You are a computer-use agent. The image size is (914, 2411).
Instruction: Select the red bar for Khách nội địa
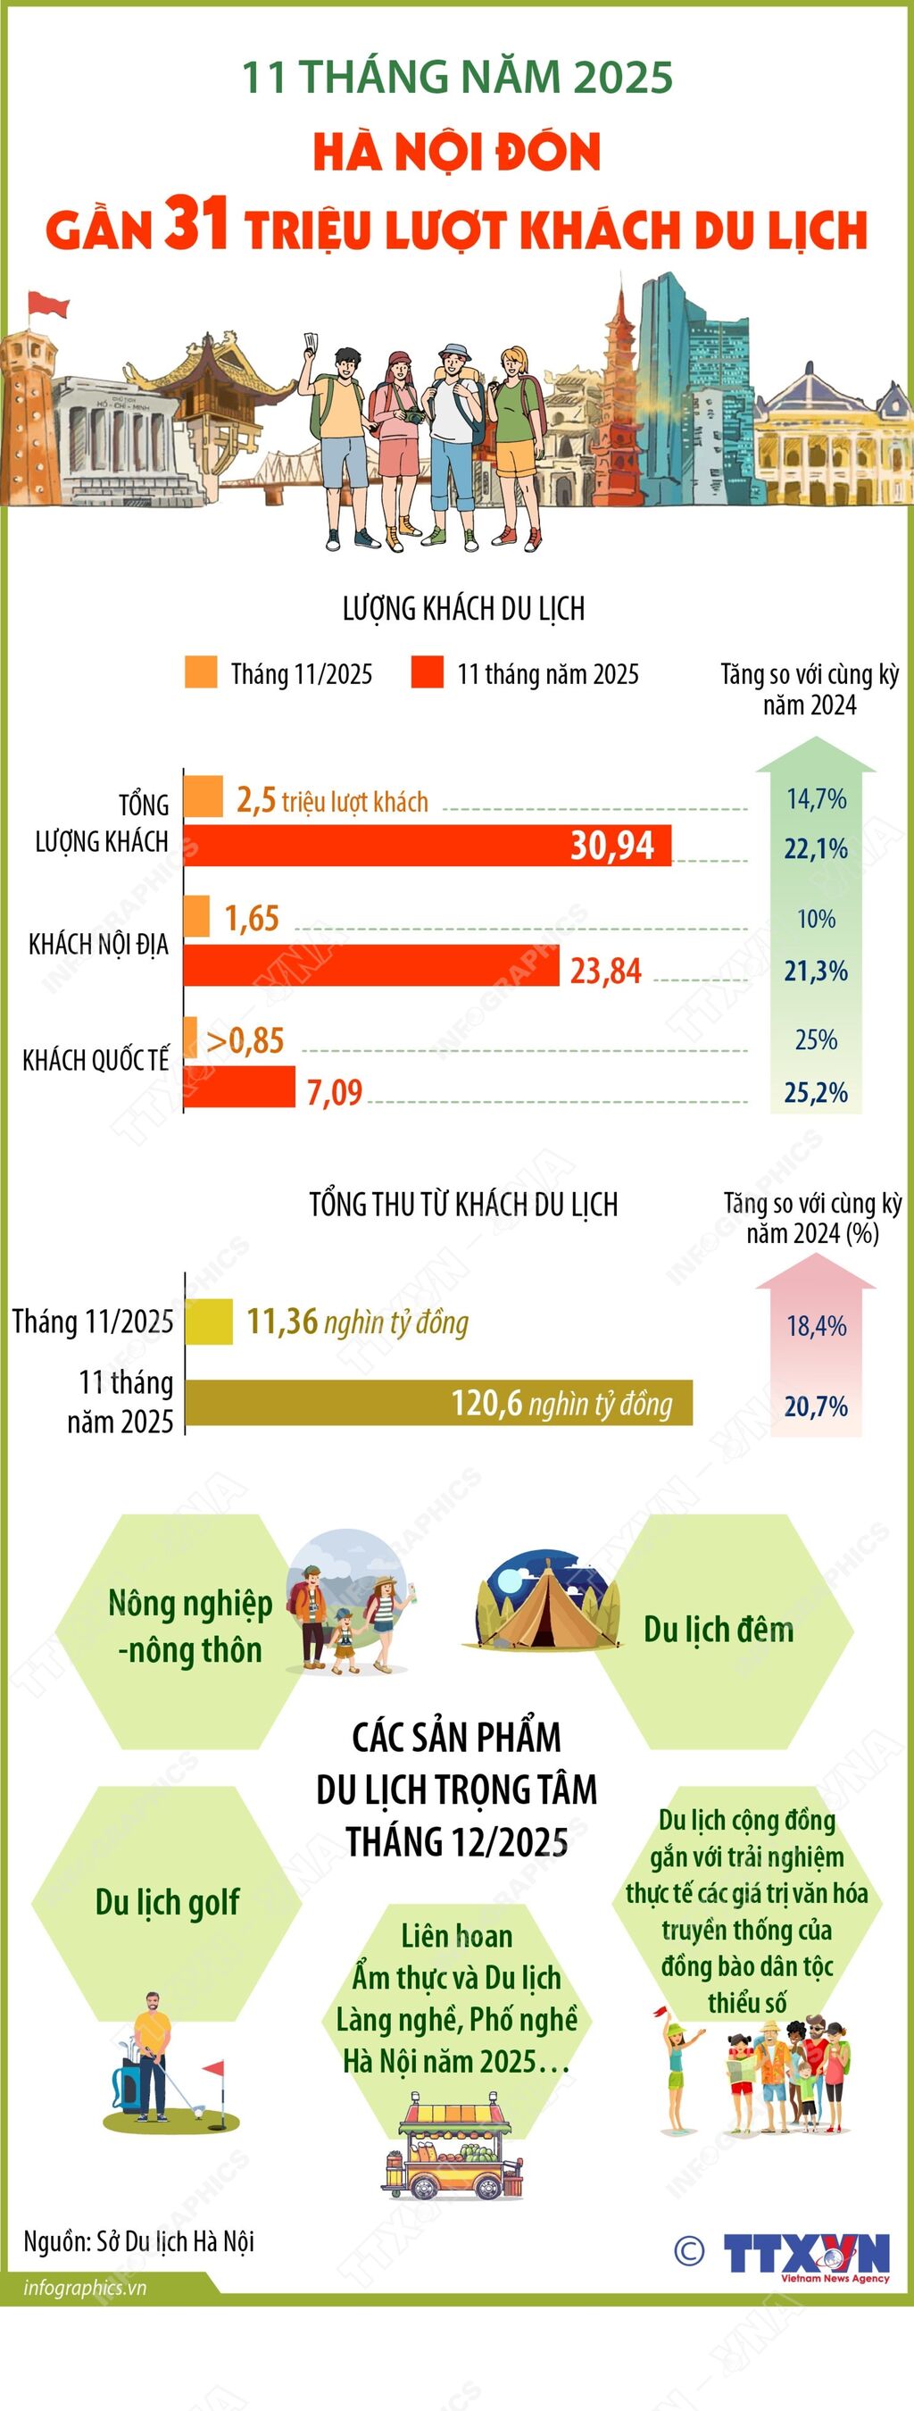tap(370, 966)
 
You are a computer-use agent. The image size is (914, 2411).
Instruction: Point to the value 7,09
tap(334, 1092)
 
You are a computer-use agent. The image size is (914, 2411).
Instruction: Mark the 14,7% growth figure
tap(816, 799)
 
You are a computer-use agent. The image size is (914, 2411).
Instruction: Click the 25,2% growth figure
tap(816, 1092)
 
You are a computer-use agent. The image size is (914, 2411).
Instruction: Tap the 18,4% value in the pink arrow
tap(816, 1326)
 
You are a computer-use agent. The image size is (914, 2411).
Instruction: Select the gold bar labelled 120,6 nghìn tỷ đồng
tap(438, 1403)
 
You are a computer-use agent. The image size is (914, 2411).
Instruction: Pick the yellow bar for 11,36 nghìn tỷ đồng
tap(209, 1322)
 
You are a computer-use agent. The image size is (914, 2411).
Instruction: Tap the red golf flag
tap(215, 2067)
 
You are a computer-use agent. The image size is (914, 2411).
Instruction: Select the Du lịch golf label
tap(168, 1903)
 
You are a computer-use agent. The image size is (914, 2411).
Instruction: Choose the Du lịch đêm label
tap(718, 1630)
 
